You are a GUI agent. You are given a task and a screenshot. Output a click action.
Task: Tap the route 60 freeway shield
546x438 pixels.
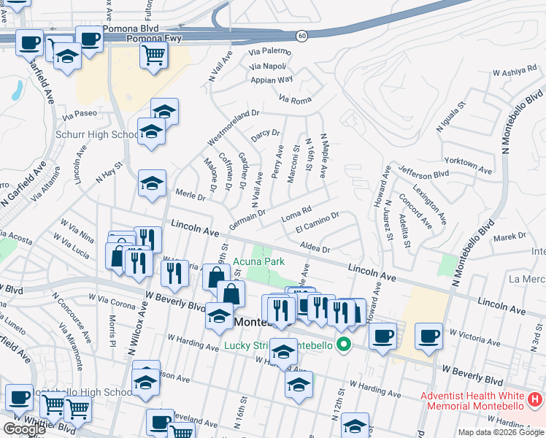[x=301, y=36]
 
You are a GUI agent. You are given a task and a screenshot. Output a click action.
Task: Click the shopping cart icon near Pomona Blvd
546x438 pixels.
[x=153, y=53]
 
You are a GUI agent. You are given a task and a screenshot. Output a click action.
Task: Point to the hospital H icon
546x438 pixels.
[x=535, y=400]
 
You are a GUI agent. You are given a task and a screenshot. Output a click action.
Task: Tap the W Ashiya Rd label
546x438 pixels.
[x=515, y=72]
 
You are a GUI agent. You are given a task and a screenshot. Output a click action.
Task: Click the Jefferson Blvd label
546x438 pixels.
[x=423, y=174]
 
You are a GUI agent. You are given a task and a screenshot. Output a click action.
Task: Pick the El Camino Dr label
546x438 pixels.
[x=318, y=223]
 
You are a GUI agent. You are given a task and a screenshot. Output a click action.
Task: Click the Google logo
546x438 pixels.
[x=23, y=429]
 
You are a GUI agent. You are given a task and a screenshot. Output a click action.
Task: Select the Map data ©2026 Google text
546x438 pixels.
[x=501, y=432]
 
